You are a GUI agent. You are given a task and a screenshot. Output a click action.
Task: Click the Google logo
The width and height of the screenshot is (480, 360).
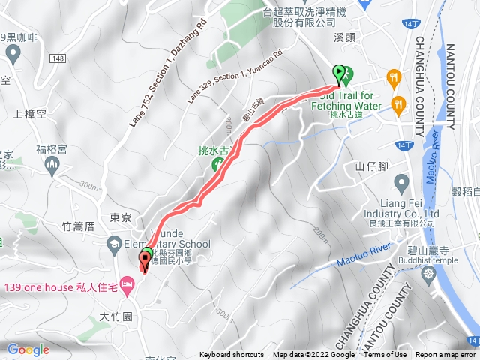28,349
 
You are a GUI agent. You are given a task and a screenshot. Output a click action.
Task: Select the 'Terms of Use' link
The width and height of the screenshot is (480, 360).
385,355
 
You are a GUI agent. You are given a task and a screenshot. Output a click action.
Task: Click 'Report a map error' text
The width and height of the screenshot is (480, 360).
446,355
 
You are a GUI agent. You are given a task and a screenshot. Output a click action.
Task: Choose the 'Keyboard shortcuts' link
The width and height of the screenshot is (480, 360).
232,355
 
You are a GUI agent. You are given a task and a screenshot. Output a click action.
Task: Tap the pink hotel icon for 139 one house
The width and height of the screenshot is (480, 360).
127,283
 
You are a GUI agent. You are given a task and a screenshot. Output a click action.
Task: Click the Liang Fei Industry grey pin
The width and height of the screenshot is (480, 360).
401,183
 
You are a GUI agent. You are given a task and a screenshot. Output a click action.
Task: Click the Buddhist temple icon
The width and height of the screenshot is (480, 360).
429,274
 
